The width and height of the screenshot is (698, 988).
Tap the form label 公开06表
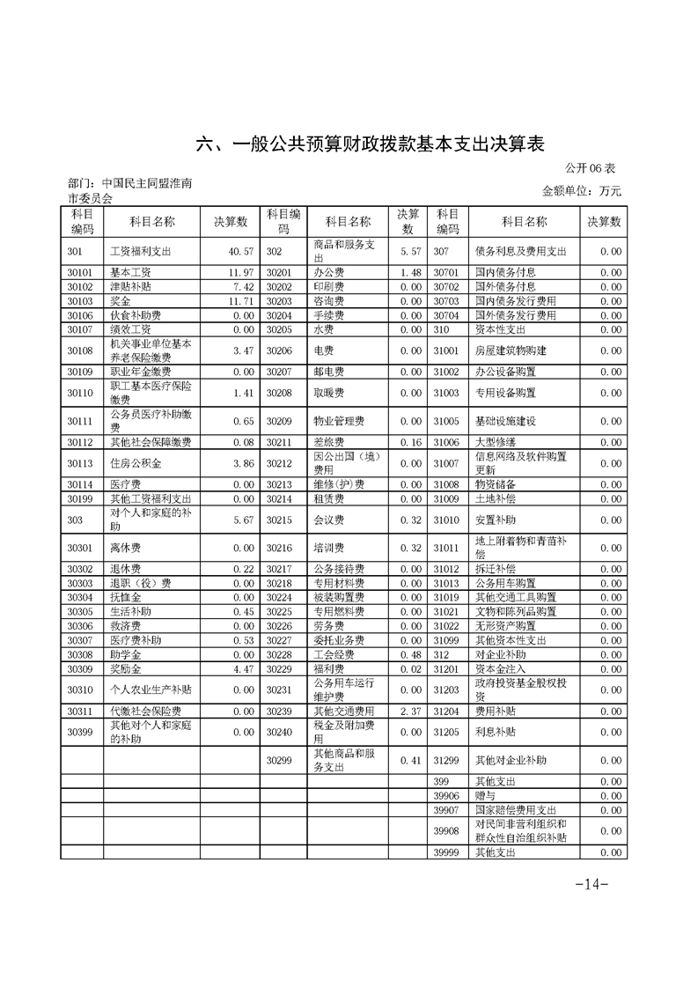pyautogui.click(x=596, y=167)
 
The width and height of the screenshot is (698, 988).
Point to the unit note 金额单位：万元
pyautogui.click(x=582, y=191)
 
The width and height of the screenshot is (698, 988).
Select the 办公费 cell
pyautogui.click(x=327, y=273)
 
